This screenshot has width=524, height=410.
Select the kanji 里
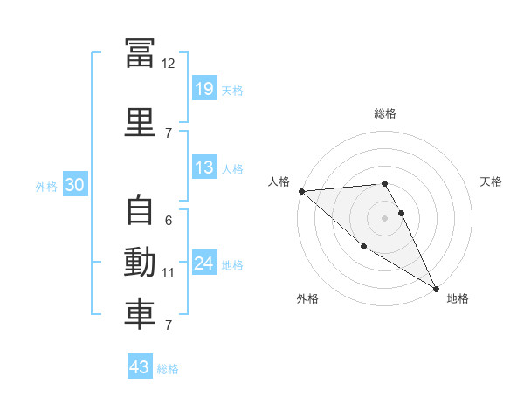140,120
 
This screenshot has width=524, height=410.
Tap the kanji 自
140,210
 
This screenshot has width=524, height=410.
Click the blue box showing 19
203,88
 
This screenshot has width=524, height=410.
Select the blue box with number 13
203,167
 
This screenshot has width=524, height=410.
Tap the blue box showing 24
203,263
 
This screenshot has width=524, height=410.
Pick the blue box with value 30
75,184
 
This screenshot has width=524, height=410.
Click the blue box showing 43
140,367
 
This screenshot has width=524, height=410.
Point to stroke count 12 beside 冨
168,64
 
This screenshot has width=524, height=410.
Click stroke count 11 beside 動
168,273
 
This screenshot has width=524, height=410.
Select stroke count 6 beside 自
168,221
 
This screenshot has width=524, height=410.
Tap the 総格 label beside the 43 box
168,369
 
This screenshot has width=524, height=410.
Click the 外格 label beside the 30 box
46,186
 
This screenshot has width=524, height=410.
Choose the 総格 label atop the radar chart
384,113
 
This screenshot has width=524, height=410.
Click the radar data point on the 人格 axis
301,191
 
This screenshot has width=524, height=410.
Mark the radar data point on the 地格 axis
436,288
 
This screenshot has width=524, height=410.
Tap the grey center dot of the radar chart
384,218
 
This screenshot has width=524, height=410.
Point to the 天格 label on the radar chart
492,181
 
